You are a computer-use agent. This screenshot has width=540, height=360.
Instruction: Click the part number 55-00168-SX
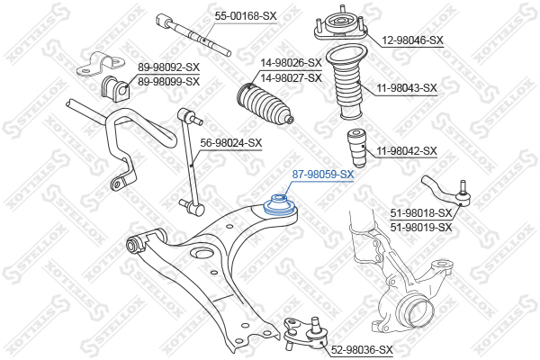pyautogui.click(x=246, y=15)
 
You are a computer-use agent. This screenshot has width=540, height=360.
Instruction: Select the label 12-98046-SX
pyautogui.click(x=413, y=40)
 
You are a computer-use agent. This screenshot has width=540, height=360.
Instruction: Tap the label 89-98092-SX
pyautogui.click(x=168, y=67)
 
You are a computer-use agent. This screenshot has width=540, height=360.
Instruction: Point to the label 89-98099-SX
pyautogui.click(x=168, y=81)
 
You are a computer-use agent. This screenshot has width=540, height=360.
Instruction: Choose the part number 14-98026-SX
pyautogui.click(x=291, y=63)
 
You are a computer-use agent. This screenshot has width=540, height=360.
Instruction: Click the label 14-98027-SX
pyautogui.click(x=291, y=77)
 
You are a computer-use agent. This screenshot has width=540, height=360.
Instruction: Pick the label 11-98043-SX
pyautogui.click(x=406, y=88)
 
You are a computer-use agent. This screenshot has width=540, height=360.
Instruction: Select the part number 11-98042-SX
pyautogui.click(x=406, y=151)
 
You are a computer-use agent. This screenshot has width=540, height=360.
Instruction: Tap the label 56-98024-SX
pyautogui.click(x=230, y=142)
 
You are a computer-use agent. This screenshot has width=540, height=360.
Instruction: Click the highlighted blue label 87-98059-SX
pyautogui.click(x=324, y=175)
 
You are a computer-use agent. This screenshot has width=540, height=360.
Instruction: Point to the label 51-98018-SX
pyautogui.click(x=421, y=212)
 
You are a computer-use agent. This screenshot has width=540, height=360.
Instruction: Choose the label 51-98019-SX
pyautogui.click(x=421, y=227)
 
